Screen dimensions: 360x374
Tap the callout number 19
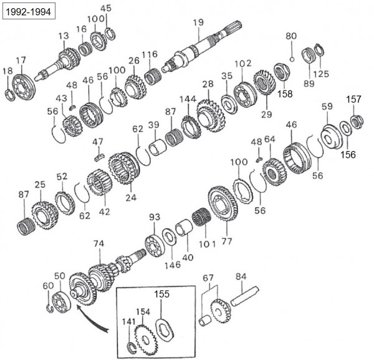tap(198, 23)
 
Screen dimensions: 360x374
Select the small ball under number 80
tap(291, 52)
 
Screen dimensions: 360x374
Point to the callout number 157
tap(353, 99)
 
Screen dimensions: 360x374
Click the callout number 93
tap(154, 216)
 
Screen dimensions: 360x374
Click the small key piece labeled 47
tap(97, 154)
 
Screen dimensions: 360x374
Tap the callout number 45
tap(107, 9)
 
